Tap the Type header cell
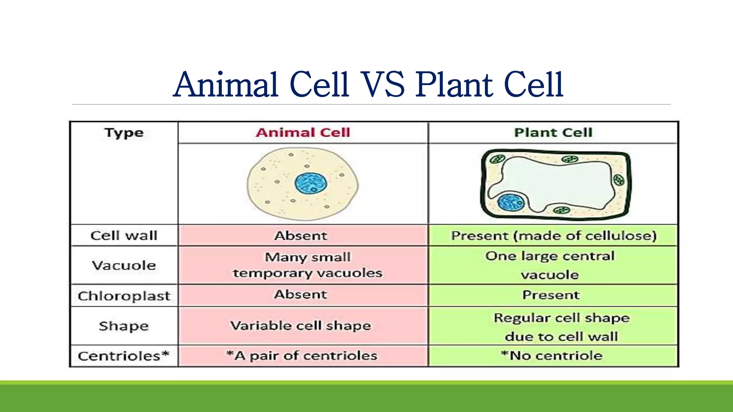click(x=124, y=133)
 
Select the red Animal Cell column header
click(x=302, y=133)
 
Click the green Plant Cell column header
click(x=553, y=133)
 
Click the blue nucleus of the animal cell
click(x=310, y=183)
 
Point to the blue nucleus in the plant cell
click(x=511, y=202)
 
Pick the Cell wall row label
click(x=124, y=236)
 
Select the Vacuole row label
click(x=124, y=265)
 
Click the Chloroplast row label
click(x=124, y=296)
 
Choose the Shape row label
click(x=124, y=326)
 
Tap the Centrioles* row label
click(x=123, y=356)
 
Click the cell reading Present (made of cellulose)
click(x=553, y=236)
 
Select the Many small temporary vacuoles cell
click(x=307, y=265)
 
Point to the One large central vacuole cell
click(x=550, y=265)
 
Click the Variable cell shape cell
click(x=301, y=325)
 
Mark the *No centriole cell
click(x=552, y=355)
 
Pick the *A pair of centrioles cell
click(x=302, y=355)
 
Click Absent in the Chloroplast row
click(x=301, y=294)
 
